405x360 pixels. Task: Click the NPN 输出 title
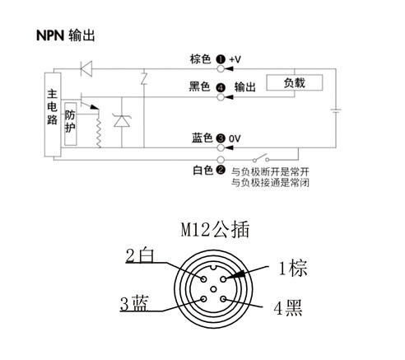coord(66,35)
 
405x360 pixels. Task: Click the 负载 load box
coord(295,82)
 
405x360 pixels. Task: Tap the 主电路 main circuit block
coord(53,115)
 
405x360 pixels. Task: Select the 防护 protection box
coord(70,124)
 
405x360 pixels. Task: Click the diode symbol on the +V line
coord(86,68)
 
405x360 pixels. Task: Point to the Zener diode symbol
coord(122,121)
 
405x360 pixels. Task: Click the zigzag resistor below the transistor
coord(99,129)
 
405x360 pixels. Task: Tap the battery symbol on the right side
coord(336,110)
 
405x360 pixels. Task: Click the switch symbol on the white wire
coord(261,157)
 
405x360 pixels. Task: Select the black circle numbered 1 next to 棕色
coord(221,59)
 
